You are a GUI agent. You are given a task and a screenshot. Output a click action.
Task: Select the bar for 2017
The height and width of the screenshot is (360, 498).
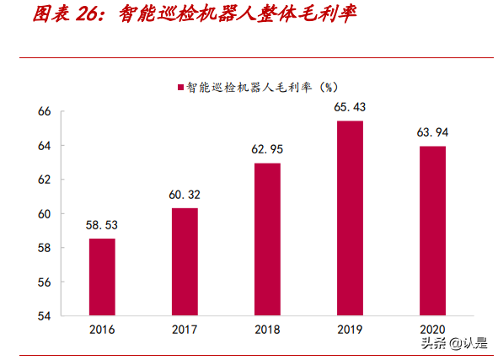(185, 261)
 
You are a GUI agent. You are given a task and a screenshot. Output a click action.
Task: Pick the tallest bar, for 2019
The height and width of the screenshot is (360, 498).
(349, 218)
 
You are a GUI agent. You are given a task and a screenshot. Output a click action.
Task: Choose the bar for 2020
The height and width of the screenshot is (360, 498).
(431, 231)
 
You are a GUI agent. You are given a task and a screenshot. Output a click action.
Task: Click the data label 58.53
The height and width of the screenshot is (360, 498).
(102, 225)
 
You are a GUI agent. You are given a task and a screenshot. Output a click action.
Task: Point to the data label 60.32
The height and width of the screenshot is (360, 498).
(185, 195)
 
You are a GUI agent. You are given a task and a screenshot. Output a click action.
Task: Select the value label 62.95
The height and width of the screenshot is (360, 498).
(266, 150)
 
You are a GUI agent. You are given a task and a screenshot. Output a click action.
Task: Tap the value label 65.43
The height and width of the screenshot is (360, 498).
(349, 107)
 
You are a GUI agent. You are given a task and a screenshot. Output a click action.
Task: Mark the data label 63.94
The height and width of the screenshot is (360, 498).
(431, 132)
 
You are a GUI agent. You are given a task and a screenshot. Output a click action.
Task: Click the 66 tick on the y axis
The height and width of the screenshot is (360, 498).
(45, 112)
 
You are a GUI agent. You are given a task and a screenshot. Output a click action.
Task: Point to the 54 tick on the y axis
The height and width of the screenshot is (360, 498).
(45, 316)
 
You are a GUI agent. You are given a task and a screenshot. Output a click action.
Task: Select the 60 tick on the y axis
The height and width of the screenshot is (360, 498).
(45, 214)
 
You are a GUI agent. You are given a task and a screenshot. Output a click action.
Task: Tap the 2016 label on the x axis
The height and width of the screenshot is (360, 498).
(102, 330)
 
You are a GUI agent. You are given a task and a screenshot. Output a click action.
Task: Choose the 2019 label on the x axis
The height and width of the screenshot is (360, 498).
(349, 330)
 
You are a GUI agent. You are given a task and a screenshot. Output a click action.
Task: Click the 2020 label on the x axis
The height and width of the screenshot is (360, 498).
(431, 330)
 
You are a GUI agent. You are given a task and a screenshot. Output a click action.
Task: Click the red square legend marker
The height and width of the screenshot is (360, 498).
(179, 87)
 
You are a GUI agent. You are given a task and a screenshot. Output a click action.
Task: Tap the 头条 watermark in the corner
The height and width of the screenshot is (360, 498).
(434, 343)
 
